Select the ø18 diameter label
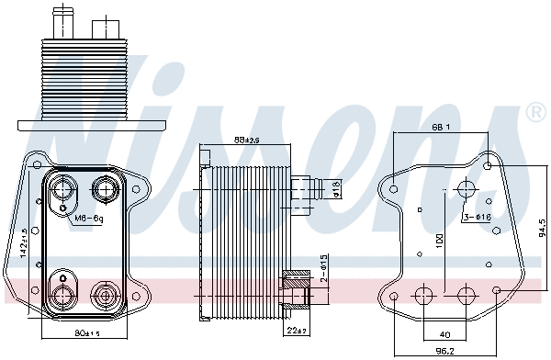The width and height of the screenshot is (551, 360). point(336,190)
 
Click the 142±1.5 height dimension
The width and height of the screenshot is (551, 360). point(26,242)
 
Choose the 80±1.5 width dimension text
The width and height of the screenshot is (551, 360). point(86,332)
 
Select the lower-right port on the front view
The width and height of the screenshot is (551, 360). point(103,295)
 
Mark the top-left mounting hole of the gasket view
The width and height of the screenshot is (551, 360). point(394,191)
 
